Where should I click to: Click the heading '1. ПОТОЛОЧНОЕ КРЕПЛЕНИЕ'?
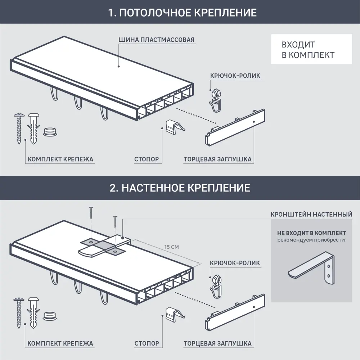coord(183,13)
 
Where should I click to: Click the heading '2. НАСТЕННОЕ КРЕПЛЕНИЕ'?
coord(180,188)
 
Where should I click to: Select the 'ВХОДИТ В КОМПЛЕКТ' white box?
coord(311,49)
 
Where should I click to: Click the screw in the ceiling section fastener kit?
coord(18,128)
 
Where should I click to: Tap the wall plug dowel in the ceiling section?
coord(33,128)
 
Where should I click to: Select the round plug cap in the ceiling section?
coord(50,132)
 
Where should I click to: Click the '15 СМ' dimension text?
coord(171,247)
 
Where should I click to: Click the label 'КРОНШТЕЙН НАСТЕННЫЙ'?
coord(311,215)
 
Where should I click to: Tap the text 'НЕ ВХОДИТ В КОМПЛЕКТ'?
coord(311,233)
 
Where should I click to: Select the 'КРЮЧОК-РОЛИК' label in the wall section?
coord(235,263)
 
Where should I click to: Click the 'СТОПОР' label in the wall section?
coord(146,343)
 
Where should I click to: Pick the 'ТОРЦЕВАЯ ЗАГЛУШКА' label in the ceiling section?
coord(217,159)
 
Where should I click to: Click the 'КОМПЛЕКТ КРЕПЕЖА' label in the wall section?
coord(60,343)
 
